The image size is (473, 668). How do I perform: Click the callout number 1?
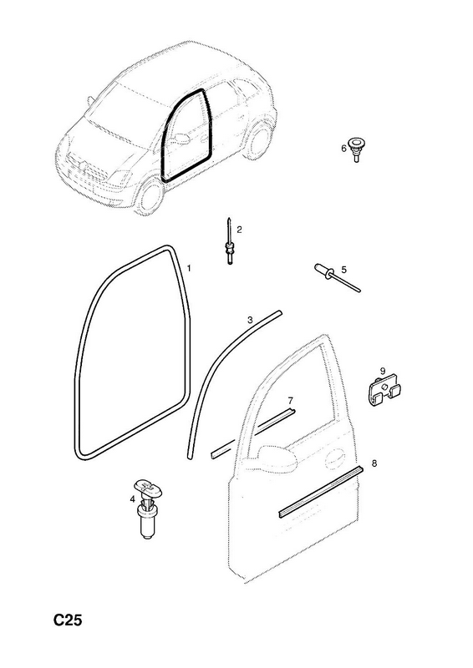pyautogui.click(x=189, y=268)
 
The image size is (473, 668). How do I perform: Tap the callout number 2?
pyautogui.click(x=239, y=230)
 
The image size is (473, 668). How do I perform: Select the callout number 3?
pyautogui.click(x=250, y=320)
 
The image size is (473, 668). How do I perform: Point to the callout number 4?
pyautogui.click(x=133, y=498)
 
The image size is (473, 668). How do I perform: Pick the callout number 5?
pyautogui.click(x=343, y=269)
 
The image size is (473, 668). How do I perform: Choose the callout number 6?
pyautogui.click(x=343, y=149)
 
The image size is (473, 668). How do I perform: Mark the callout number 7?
pyautogui.click(x=291, y=401)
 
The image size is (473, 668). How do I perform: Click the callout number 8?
pyautogui.click(x=374, y=463)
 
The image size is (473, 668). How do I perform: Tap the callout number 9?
pyautogui.click(x=383, y=371)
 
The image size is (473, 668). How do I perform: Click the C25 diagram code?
pyautogui.click(x=68, y=620)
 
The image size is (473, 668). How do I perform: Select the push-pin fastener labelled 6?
pyautogui.click(x=355, y=149)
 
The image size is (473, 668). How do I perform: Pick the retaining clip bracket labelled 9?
pyautogui.click(x=384, y=391)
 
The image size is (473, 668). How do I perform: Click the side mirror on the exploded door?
pyautogui.click(x=277, y=458)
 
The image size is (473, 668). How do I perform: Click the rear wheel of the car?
pyautogui.click(x=260, y=139)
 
